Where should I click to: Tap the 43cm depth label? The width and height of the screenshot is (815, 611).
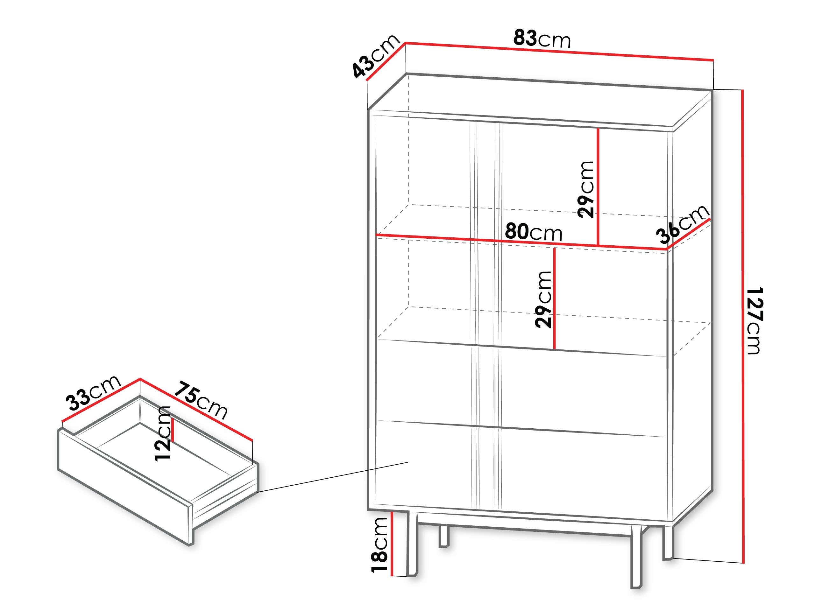coord(375,56)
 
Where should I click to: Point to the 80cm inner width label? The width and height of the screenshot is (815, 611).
coord(534,232)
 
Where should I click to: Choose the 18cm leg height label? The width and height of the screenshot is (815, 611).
coord(379,545)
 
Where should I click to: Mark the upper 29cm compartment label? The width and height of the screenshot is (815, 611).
coord(586,189)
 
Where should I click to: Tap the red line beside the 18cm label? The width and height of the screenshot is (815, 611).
coord(393,543)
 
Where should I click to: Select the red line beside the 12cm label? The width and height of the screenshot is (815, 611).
coord(172,429)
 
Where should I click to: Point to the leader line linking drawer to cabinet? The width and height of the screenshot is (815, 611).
coord(332,477)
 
